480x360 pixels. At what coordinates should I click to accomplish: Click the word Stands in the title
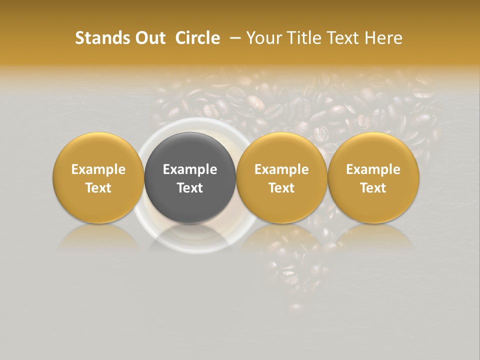coord(101,38)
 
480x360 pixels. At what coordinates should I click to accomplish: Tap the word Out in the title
coord(149,38)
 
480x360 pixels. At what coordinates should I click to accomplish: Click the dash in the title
coord(233,38)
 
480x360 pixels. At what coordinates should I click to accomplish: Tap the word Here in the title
coord(383,38)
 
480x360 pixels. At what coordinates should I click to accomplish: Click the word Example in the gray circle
coord(190,169)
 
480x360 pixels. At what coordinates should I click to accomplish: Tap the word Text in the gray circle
coord(190,188)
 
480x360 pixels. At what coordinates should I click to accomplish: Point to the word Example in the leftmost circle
coord(98,169)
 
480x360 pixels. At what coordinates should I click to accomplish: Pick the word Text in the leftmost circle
coord(98,188)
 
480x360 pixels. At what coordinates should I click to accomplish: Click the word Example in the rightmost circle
coord(373,169)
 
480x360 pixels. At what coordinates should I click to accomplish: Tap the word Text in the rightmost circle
coord(373,188)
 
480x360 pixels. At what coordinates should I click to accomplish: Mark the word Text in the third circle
coord(281,188)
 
